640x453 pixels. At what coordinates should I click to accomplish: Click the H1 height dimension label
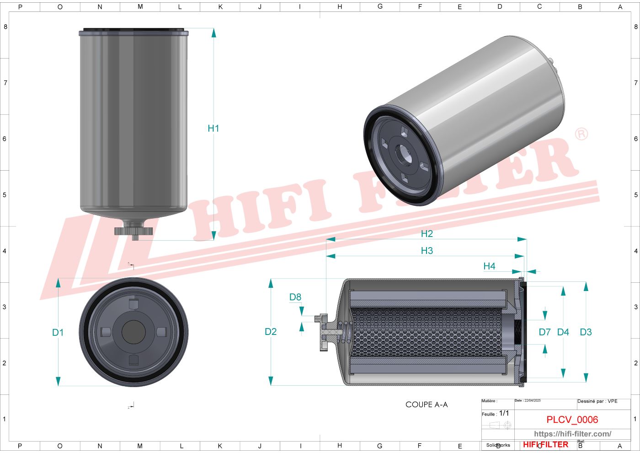(213, 129)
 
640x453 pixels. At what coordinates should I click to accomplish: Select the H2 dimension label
(427, 234)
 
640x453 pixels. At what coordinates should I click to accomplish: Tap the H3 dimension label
(427, 251)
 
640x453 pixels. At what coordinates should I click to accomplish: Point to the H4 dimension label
(489, 266)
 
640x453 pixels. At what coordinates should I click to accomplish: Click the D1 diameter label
(58, 333)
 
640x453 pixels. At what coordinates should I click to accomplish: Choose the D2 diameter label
(271, 332)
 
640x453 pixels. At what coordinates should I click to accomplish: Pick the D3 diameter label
(586, 332)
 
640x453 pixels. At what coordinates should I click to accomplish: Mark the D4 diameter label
(563, 332)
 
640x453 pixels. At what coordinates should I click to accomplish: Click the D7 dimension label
(544, 332)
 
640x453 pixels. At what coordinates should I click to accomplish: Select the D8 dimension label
(295, 297)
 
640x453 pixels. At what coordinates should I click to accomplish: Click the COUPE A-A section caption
(427, 404)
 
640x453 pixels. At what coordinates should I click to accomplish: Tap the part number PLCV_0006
(572, 420)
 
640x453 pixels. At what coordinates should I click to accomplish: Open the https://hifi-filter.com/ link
(572, 434)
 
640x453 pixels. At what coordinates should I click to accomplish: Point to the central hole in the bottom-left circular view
(133, 332)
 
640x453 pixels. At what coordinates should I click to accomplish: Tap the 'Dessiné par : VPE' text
(597, 401)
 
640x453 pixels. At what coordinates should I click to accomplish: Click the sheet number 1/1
(504, 413)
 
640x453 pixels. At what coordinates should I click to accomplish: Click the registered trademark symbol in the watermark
(581, 134)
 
